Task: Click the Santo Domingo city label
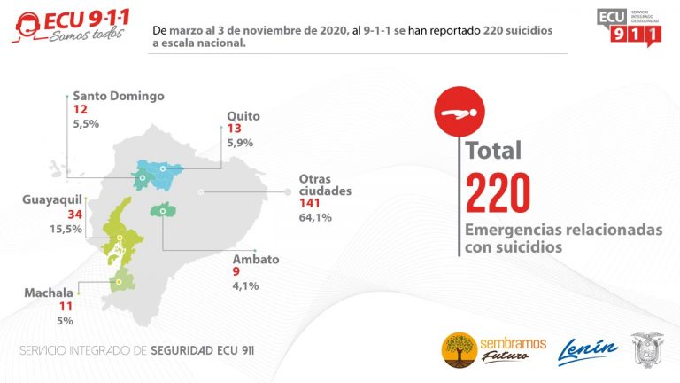[x=118, y=96]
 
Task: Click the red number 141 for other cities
[x=314, y=203]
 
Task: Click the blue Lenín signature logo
[x=588, y=350]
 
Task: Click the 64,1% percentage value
[x=314, y=217]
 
